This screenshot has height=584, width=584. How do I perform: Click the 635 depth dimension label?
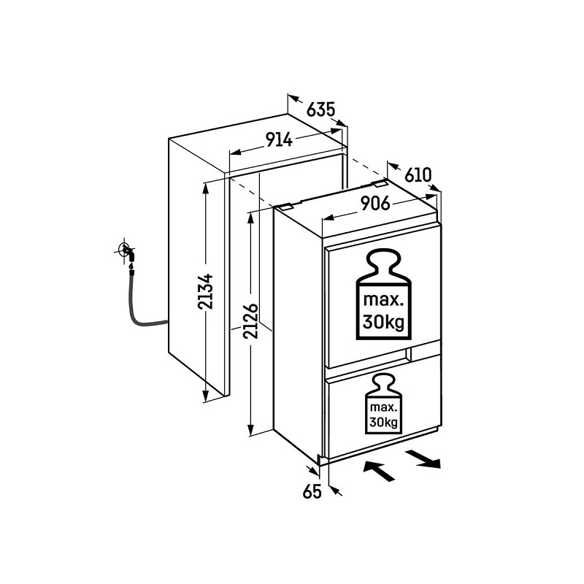[x=320, y=110]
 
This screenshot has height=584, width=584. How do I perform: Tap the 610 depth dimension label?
[x=418, y=174]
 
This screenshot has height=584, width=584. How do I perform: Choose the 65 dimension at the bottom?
[x=312, y=491]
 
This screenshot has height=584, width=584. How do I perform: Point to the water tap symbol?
[x=127, y=250]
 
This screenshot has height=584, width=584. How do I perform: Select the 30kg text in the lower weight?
[x=383, y=423]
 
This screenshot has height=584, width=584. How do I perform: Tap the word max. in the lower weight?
[x=383, y=407]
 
